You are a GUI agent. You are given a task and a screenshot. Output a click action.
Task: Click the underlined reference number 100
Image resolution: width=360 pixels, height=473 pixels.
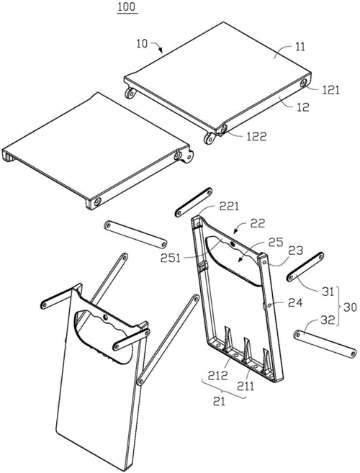pyautogui.click(x=127, y=7)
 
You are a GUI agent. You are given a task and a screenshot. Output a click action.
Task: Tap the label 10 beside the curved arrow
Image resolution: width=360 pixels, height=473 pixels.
pyautogui.click(x=142, y=44)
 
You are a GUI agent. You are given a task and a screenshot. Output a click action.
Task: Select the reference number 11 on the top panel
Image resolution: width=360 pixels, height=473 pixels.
pyautogui.click(x=300, y=47)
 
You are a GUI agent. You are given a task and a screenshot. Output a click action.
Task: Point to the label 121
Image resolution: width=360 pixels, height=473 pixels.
pyautogui.click(x=331, y=90)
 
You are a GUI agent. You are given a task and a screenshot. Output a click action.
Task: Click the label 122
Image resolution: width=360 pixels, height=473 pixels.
pyautogui.click(x=256, y=137)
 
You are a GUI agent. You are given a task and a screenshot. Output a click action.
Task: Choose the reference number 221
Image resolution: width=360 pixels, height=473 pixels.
pyautogui.click(x=229, y=207)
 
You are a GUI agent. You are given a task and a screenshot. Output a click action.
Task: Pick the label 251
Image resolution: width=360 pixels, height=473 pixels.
pyautogui.click(x=171, y=258)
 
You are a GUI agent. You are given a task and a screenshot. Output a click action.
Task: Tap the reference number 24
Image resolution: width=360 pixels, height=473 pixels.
pyautogui.click(x=294, y=302)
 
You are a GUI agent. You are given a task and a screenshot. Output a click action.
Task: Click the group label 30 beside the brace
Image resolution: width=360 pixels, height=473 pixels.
pyautogui.click(x=349, y=307)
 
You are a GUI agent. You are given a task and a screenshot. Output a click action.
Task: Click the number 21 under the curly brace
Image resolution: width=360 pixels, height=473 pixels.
pyautogui.click(x=220, y=402)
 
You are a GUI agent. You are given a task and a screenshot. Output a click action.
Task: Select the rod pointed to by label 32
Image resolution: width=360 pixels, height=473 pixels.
pyautogui.click(x=326, y=344)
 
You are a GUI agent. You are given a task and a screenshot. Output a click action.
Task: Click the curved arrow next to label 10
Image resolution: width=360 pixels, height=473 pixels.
pyautogui.click(x=157, y=45)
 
